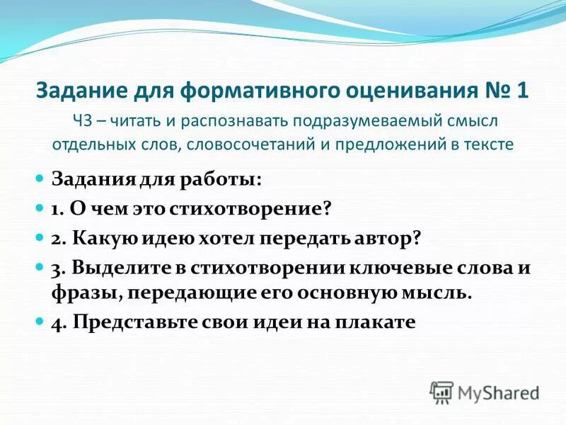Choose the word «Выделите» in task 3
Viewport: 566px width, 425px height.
116,270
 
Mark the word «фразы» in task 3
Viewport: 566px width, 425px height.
80,292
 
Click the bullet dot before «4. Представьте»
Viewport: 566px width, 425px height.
40,322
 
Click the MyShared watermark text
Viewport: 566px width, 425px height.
498,392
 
